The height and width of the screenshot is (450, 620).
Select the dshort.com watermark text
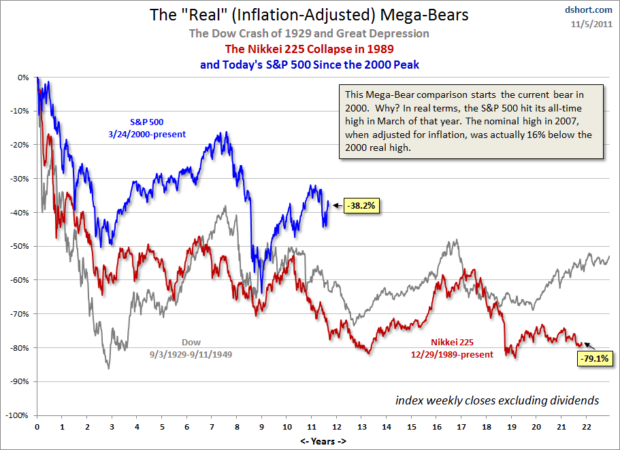click(589, 11)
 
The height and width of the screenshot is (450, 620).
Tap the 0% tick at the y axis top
click(23, 77)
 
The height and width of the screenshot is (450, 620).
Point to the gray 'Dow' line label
click(191, 343)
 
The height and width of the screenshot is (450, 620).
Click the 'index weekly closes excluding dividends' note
click(497, 400)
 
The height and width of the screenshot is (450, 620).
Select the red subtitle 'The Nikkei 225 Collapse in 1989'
click(310, 49)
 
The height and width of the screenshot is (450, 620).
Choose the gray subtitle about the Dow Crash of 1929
click(310, 34)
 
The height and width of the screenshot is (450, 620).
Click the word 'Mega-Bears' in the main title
click(402, 14)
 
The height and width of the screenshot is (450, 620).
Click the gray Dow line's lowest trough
click(108, 368)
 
